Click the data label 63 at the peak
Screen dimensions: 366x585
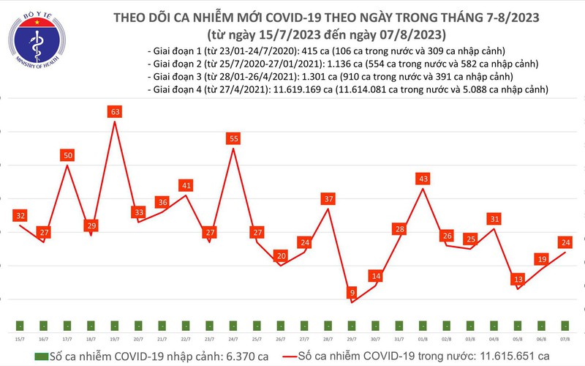tap(114, 112)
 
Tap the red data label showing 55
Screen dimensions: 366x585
tap(233, 138)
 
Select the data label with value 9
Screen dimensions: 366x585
tap(352, 293)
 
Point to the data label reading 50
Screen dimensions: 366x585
tap(67, 155)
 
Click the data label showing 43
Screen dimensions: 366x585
tap(423, 179)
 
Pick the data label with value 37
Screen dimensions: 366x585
tap(328, 199)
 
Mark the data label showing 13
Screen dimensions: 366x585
tap(518, 279)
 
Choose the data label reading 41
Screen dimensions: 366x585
tap(186, 185)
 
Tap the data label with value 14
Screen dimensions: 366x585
tap(376, 276)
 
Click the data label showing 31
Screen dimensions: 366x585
tap(494, 219)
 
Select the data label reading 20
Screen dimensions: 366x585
tap(281, 255)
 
